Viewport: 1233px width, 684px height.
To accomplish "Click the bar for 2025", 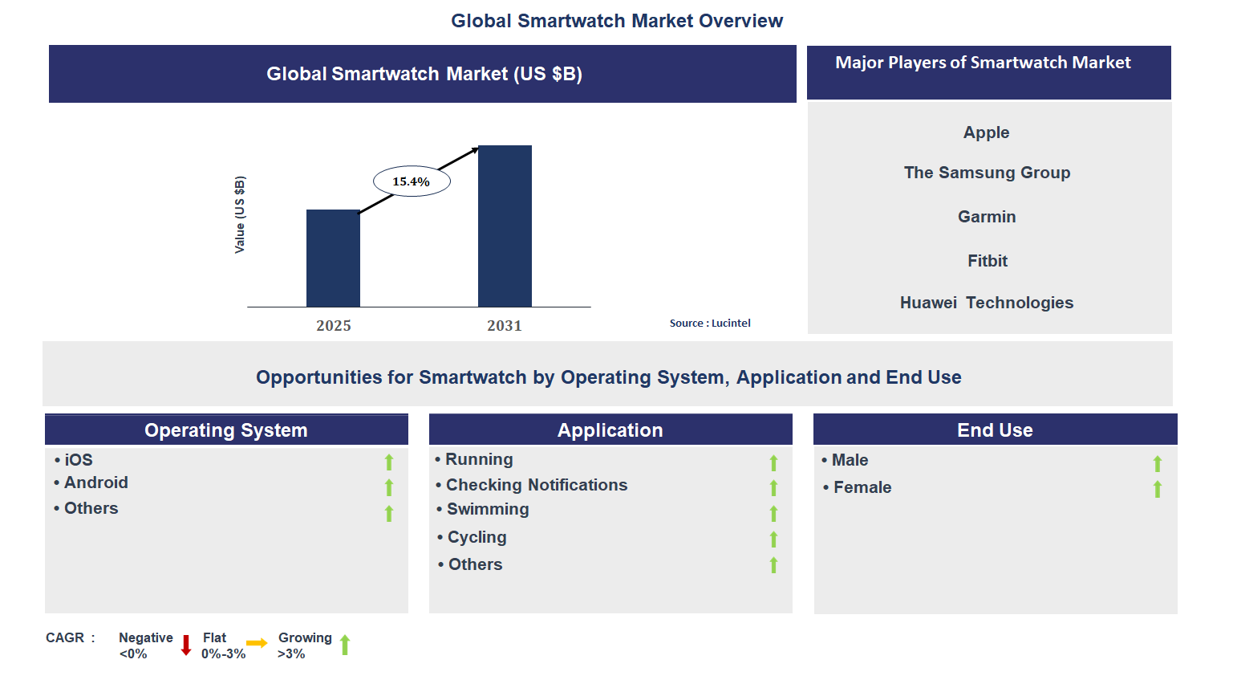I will (x=333, y=259).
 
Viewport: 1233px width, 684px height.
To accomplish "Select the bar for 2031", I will (x=505, y=226).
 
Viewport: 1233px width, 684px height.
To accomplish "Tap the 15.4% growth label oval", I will (x=412, y=181).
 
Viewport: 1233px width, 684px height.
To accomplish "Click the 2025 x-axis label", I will (x=334, y=325).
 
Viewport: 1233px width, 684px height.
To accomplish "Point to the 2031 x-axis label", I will (x=505, y=325).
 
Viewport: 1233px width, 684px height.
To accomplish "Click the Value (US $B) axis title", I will (x=240, y=214).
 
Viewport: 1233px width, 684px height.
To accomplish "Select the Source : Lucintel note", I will (x=710, y=323).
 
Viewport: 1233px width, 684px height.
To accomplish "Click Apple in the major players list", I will (x=986, y=132).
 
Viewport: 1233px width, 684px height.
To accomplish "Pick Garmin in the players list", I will (x=987, y=217).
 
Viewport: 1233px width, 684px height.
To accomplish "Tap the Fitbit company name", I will (x=987, y=261).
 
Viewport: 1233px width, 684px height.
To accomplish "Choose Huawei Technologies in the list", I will (x=986, y=303).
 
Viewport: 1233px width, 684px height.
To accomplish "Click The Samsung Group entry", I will (x=987, y=173).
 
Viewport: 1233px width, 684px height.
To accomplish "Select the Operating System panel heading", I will (x=226, y=430).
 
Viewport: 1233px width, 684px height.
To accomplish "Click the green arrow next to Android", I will (x=389, y=487).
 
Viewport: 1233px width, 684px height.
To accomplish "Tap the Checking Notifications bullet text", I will (x=536, y=485).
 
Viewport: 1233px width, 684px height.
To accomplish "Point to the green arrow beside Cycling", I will (x=773, y=539).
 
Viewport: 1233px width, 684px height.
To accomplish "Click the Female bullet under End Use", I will (x=862, y=487).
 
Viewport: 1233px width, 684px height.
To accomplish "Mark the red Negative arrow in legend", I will (x=186, y=645).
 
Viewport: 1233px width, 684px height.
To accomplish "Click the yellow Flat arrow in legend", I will (x=257, y=643).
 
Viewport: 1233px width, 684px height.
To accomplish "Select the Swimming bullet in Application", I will (x=487, y=509).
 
